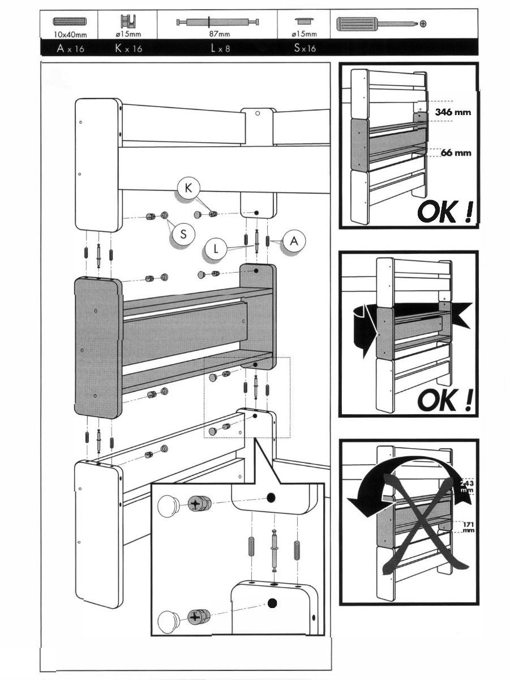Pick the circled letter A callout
294,241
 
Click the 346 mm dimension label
453,112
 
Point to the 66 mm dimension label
456,153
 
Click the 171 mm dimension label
468,527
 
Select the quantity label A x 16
70,49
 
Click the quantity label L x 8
220,49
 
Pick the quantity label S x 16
305,49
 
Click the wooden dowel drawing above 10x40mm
69,22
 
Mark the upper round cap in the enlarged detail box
169,504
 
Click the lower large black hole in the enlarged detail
272,603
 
